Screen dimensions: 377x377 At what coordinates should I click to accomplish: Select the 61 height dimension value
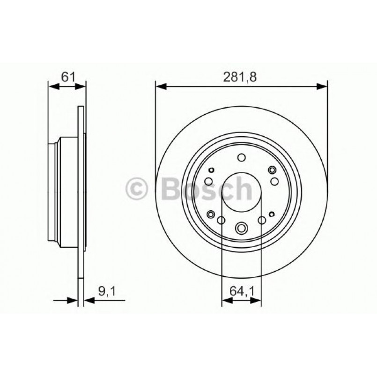67,77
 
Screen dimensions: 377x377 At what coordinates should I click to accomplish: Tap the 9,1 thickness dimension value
107,292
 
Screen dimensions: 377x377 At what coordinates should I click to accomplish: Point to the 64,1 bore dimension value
241,292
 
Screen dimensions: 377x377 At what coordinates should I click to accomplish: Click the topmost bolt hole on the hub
241,158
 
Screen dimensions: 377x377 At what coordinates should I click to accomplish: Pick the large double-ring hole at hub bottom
242,228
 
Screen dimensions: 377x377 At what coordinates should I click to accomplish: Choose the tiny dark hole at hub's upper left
211,170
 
